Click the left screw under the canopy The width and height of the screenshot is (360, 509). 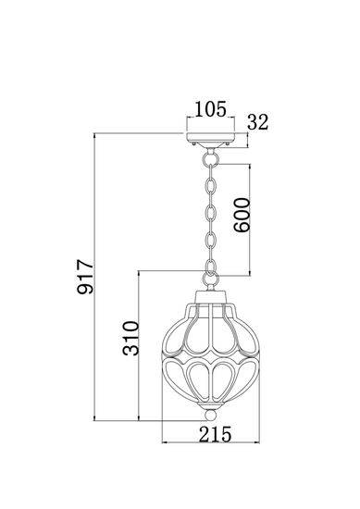click(192, 143)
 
